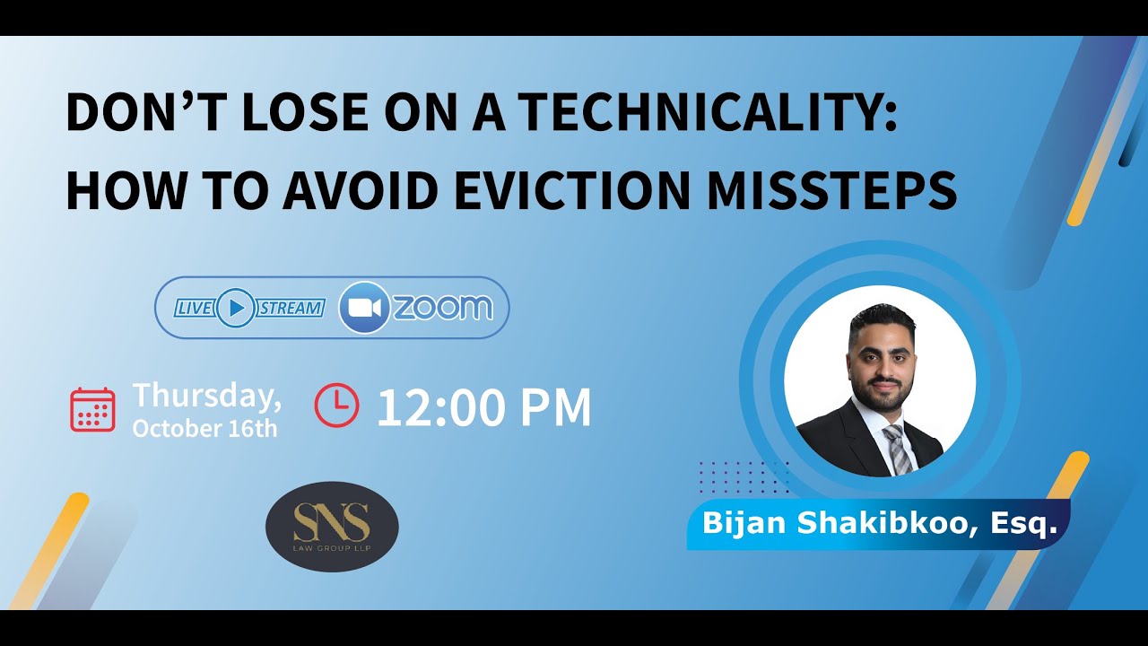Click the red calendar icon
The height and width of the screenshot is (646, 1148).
click(x=92, y=409)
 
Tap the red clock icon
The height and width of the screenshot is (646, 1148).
click(x=336, y=406)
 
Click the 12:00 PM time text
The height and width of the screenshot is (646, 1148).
click(x=483, y=407)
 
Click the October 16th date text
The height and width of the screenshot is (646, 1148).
click(x=204, y=428)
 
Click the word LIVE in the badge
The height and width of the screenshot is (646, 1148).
click(x=194, y=309)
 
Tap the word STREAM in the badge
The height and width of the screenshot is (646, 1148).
click(x=291, y=309)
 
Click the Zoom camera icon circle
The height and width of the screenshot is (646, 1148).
click(x=363, y=308)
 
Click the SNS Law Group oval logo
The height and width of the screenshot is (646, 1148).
click(x=332, y=527)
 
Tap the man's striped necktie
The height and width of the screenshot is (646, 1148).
click(x=898, y=449)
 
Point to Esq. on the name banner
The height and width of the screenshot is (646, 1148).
click(x=1024, y=523)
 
